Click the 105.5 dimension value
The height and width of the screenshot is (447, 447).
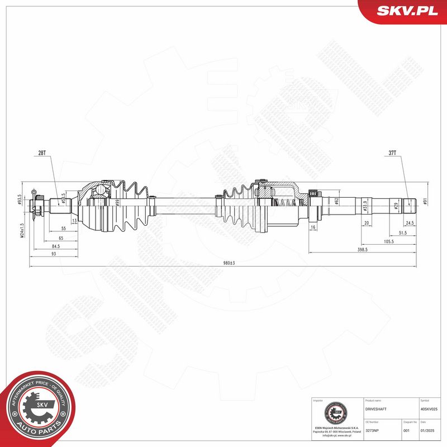click(389, 241)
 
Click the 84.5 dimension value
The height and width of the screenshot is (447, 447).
click(56, 245)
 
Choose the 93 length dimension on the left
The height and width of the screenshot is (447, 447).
click(53, 254)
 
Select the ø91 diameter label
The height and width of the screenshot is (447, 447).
click(425, 202)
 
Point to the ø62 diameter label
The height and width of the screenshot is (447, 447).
click(337, 201)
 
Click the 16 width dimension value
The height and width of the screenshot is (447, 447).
click(313, 228)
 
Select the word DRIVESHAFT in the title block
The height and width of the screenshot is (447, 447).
click(375, 409)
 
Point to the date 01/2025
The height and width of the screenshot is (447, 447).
click(426, 430)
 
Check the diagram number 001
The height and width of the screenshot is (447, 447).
click(406, 430)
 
